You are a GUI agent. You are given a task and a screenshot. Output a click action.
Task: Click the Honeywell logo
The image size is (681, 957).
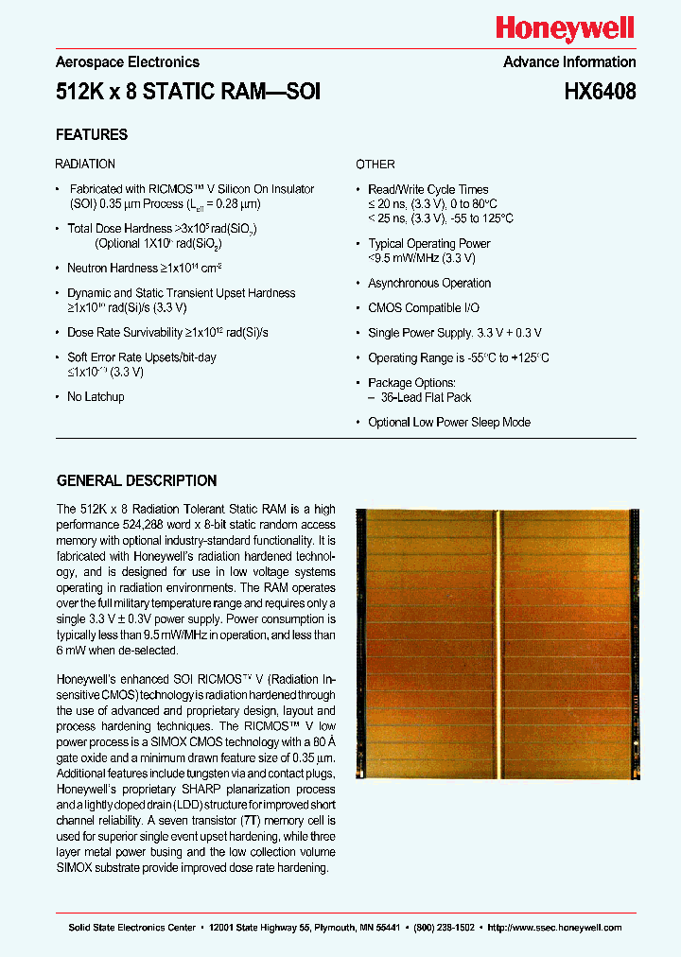point(566,29)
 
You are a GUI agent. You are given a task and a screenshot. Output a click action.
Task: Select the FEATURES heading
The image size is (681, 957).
point(92,134)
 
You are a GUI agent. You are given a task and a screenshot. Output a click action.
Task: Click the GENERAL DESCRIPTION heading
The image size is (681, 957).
point(136,480)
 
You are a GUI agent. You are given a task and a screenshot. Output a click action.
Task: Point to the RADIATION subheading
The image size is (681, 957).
point(85,164)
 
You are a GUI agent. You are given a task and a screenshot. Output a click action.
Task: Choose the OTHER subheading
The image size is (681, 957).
point(375,164)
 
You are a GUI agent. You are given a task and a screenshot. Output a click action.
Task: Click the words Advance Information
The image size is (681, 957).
point(569,62)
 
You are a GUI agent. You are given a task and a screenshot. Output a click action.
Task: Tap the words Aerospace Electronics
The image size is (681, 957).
point(128,62)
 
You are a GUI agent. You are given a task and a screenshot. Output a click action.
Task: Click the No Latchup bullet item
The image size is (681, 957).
point(96,396)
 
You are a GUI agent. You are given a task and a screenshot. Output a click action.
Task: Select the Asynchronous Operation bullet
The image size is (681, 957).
point(429,283)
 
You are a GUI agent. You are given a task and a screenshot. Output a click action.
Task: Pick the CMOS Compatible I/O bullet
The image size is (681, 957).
point(424,307)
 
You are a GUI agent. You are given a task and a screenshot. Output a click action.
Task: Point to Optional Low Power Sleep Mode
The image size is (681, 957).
point(449,422)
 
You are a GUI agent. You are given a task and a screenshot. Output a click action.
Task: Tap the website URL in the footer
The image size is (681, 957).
point(553,928)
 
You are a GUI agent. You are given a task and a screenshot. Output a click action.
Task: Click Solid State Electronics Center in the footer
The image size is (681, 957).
point(131,928)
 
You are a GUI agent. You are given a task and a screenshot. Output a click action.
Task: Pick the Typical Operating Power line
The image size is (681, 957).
point(429,243)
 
